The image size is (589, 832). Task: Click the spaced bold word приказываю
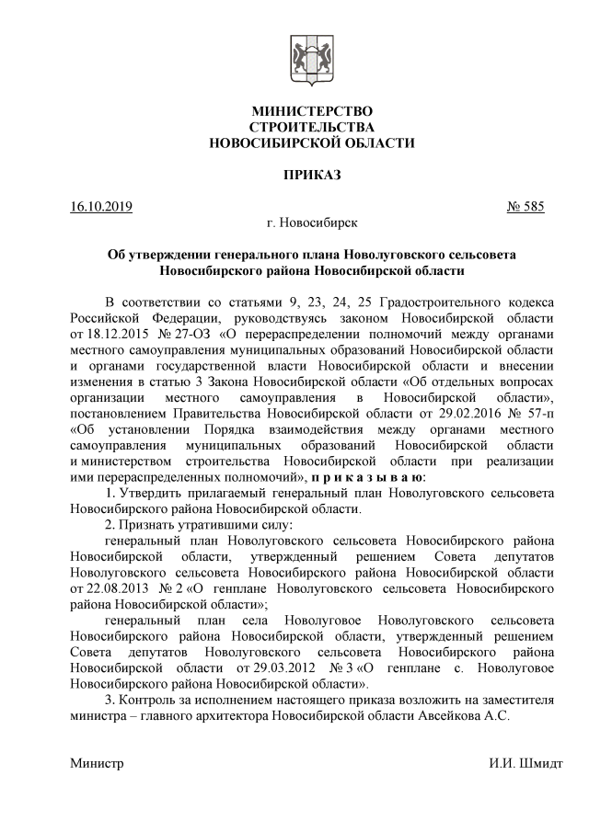[x=367, y=478]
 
